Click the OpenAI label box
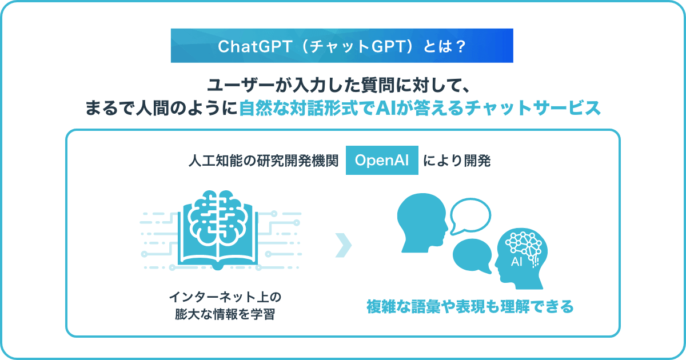382,160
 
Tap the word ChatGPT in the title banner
255,46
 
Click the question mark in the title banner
460,46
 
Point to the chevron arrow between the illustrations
344,245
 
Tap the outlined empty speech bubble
470,217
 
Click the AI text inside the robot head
517,262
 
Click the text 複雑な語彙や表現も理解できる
470,306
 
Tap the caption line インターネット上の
225,297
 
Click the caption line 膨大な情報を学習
225,314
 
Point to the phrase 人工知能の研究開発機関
264,161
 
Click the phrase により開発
457,161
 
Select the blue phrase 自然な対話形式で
307,108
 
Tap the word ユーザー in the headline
241,85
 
